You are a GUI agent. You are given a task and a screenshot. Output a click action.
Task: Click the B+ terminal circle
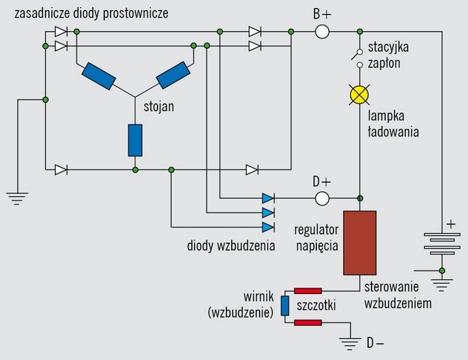(323, 31)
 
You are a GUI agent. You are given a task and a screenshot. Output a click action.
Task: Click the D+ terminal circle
(323, 198)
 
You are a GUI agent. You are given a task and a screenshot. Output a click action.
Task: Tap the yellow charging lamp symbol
(360, 94)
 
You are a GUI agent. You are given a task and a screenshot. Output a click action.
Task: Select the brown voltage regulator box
(360, 242)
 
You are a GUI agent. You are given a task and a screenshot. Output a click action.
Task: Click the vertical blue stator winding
(135, 140)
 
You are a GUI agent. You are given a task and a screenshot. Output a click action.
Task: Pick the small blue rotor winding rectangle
(284, 306)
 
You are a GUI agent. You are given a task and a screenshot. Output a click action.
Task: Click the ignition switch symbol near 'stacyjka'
(360, 56)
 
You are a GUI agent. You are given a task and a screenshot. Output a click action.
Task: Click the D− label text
(374, 344)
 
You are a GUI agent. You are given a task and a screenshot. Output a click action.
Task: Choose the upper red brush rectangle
(308, 290)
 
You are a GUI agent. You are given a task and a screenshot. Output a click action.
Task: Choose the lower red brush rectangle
(308, 323)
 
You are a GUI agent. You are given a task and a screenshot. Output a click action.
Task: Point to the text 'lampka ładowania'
(392, 123)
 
